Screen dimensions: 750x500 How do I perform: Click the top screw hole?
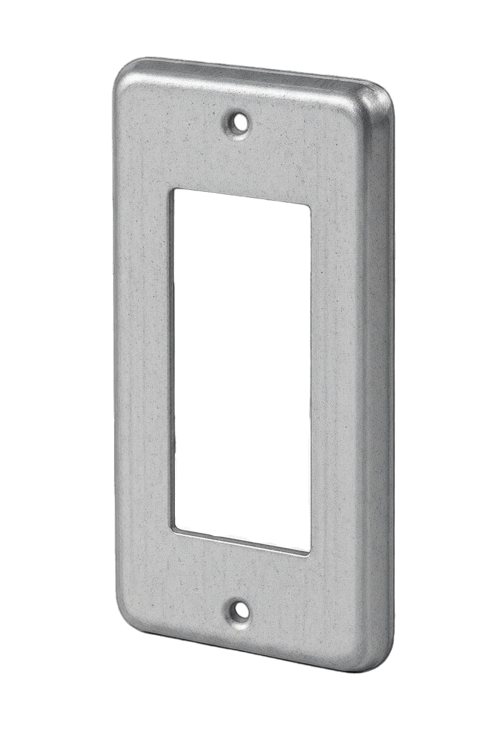pyautogui.click(x=240, y=123)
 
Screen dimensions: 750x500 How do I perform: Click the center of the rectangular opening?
pyautogui.click(x=242, y=370)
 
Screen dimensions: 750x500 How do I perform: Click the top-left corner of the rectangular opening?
pyautogui.click(x=175, y=192)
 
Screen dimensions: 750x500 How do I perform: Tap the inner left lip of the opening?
pyautogui.click(x=172, y=361)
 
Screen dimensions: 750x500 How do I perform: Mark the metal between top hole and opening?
pyautogui.click(x=240, y=162)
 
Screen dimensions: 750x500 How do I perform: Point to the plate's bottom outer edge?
pyautogui.click(x=252, y=650)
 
